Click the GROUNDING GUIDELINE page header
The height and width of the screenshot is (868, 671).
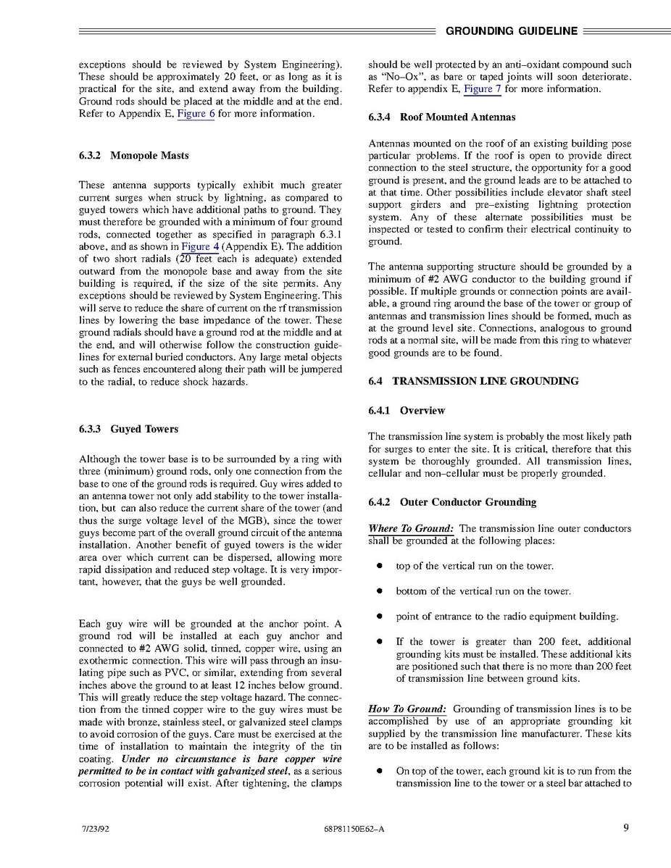tap(512, 31)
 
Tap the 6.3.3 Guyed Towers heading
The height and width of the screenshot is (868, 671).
tap(128, 429)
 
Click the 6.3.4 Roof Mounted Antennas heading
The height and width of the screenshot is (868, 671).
tap(442, 117)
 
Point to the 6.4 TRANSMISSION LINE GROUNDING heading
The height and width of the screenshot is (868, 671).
tap(473, 381)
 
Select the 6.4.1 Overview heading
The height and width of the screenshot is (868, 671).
tap(407, 411)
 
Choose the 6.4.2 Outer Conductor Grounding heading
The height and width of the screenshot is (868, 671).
tap(452, 502)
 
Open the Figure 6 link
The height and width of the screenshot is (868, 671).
tap(196, 114)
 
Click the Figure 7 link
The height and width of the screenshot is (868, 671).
tap(483, 89)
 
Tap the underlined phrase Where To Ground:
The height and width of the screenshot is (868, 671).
tap(411, 529)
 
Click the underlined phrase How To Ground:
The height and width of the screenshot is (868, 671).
tap(407, 709)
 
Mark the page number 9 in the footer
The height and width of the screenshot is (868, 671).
tap(625, 829)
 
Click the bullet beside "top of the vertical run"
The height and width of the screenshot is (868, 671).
tap(379, 566)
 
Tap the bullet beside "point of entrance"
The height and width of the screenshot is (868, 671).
tap(379, 617)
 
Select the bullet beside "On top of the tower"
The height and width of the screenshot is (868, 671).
tap(379, 771)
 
